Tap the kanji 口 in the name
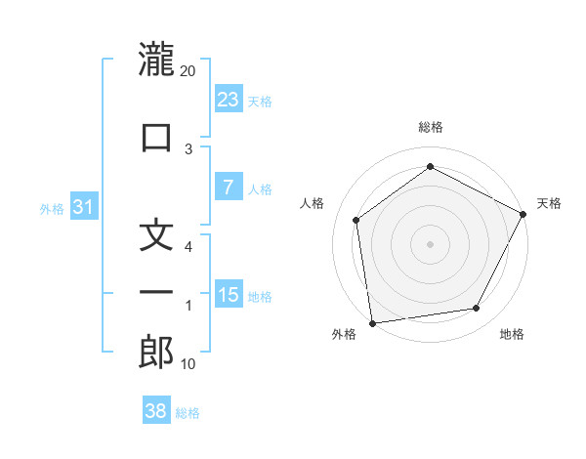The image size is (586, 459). (x=156, y=136)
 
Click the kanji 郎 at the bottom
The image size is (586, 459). (x=156, y=352)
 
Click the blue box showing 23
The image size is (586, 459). (x=229, y=99)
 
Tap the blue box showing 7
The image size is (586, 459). (x=229, y=188)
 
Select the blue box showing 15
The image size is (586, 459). (x=229, y=295)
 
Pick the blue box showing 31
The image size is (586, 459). (x=84, y=208)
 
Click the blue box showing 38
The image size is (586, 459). (x=156, y=411)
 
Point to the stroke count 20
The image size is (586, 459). (x=188, y=71)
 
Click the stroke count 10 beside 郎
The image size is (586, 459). (x=188, y=364)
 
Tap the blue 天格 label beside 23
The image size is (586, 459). (x=260, y=101)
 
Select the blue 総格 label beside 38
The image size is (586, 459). (x=188, y=413)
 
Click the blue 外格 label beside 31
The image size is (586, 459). (x=52, y=209)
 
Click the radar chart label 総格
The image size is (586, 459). (x=431, y=127)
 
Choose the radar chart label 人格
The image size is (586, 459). (x=313, y=203)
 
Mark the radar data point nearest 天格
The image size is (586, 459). (x=524, y=215)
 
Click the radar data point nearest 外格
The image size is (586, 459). (x=372, y=322)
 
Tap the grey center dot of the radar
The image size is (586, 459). (x=430, y=243)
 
